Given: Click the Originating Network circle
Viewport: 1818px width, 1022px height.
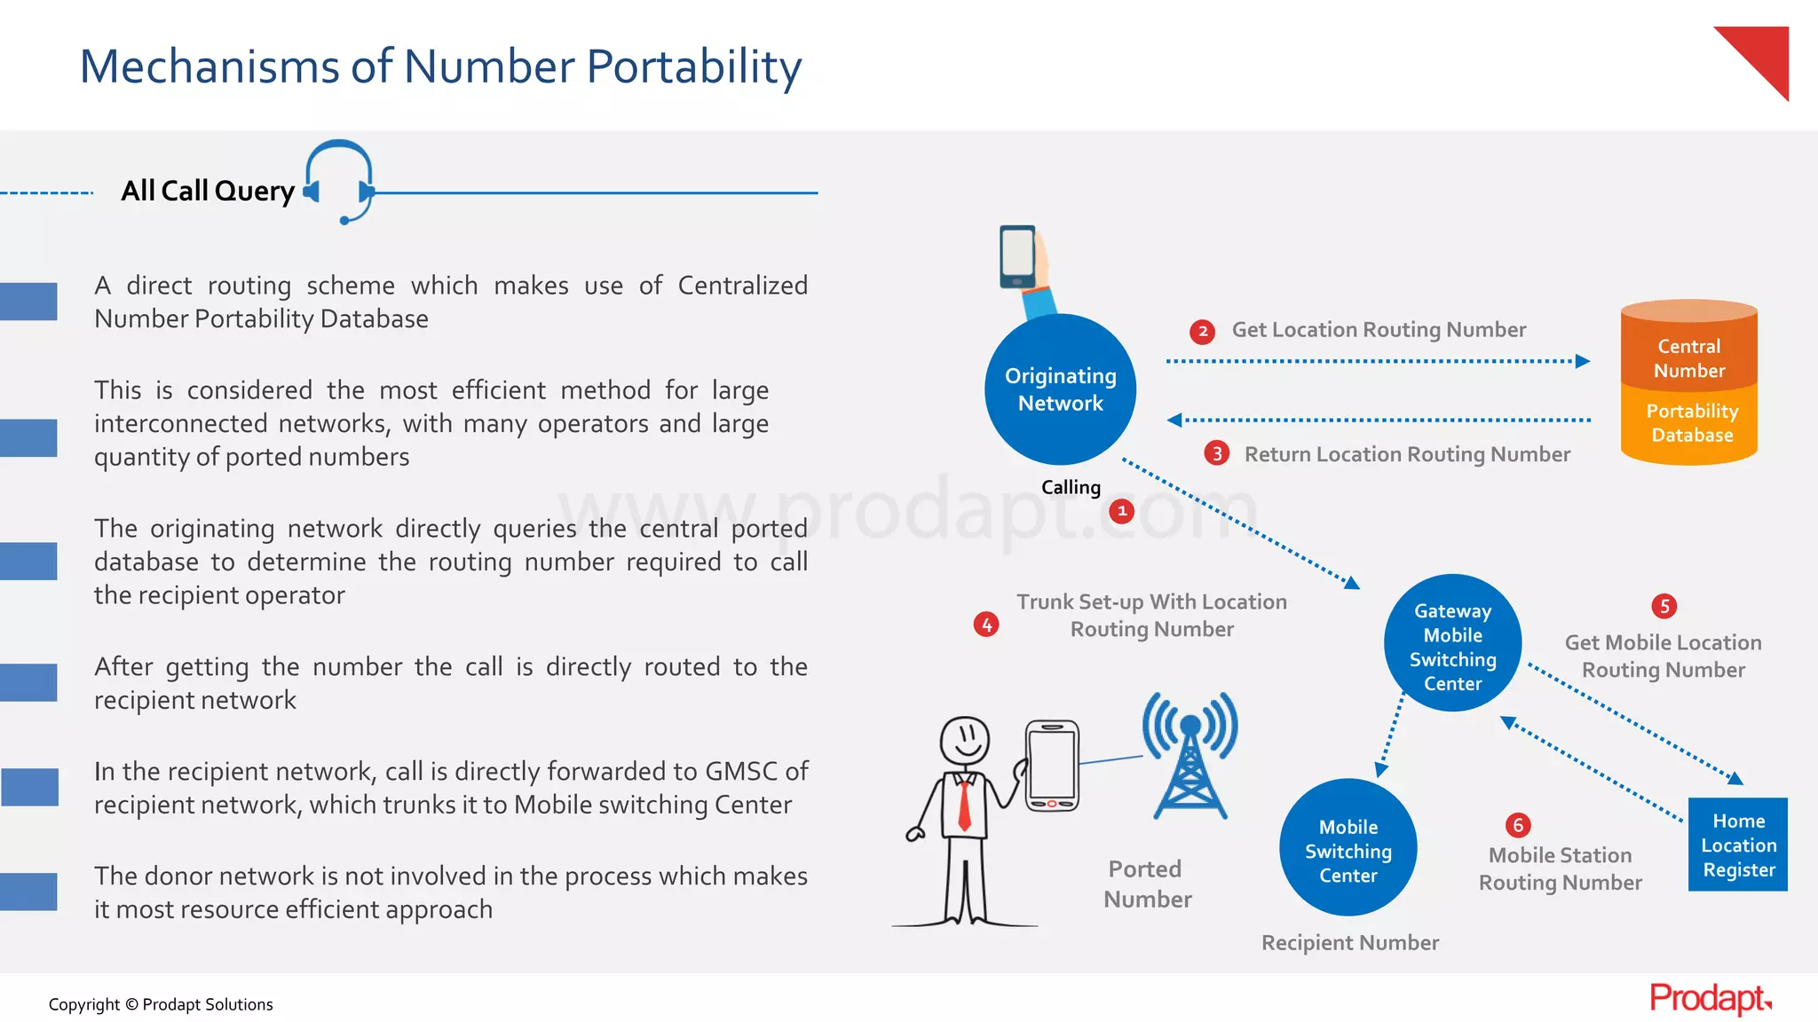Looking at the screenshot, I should point(1060,389).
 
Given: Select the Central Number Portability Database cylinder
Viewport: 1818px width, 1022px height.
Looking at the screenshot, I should point(1688,383).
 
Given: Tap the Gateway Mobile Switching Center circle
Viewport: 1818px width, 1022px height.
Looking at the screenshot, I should point(1452,643).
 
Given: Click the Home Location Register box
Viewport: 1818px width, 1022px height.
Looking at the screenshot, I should point(1737,845).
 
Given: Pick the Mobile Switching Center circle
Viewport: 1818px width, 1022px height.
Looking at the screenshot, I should point(1348,847).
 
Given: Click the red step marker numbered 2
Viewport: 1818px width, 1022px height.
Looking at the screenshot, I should point(1202,332).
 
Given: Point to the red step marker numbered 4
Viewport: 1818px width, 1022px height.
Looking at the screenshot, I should point(986,625).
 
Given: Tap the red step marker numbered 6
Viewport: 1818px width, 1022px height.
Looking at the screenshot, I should point(1518,825).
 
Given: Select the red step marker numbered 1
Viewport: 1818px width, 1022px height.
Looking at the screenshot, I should point(1122,511).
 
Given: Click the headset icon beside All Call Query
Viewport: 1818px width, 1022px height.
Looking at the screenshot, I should point(340,181).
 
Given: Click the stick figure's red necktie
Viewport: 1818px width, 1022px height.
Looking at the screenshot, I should point(964,804).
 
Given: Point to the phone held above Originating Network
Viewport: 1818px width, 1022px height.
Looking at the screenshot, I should point(1017,256).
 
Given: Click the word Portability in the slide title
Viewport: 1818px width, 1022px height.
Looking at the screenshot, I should point(694,67).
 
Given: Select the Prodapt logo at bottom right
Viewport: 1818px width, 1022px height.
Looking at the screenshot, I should point(1710,999).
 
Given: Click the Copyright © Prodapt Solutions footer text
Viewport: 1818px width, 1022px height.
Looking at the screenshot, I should point(161,1004).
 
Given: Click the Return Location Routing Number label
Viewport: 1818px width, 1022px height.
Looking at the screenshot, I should point(1407,454).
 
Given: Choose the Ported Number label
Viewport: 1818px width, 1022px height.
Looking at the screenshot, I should point(1147,884).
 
